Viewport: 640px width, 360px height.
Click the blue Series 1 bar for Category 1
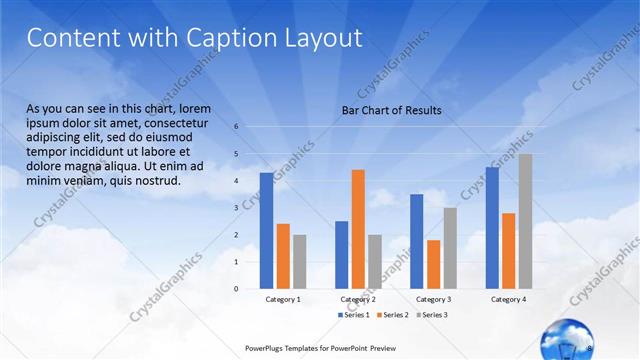tap(266, 230)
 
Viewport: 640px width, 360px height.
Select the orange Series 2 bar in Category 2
tap(358, 229)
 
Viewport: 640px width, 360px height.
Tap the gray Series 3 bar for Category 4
tap(525, 221)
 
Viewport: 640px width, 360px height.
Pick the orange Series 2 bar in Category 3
tap(433, 264)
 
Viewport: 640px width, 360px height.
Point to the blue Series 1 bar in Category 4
tap(492, 227)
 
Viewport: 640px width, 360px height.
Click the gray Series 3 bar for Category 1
tap(300, 261)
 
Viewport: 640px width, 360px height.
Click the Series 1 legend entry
tap(355, 315)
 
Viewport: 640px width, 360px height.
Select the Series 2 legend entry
tap(392, 315)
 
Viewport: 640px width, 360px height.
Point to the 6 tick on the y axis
tap(237, 127)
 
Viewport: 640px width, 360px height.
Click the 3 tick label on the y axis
tap(237, 208)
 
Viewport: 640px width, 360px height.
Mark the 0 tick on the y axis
tap(237, 289)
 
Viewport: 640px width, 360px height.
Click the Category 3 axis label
tap(433, 300)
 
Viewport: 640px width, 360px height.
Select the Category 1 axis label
tap(283, 300)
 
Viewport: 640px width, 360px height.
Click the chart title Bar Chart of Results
tap(391, 110)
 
